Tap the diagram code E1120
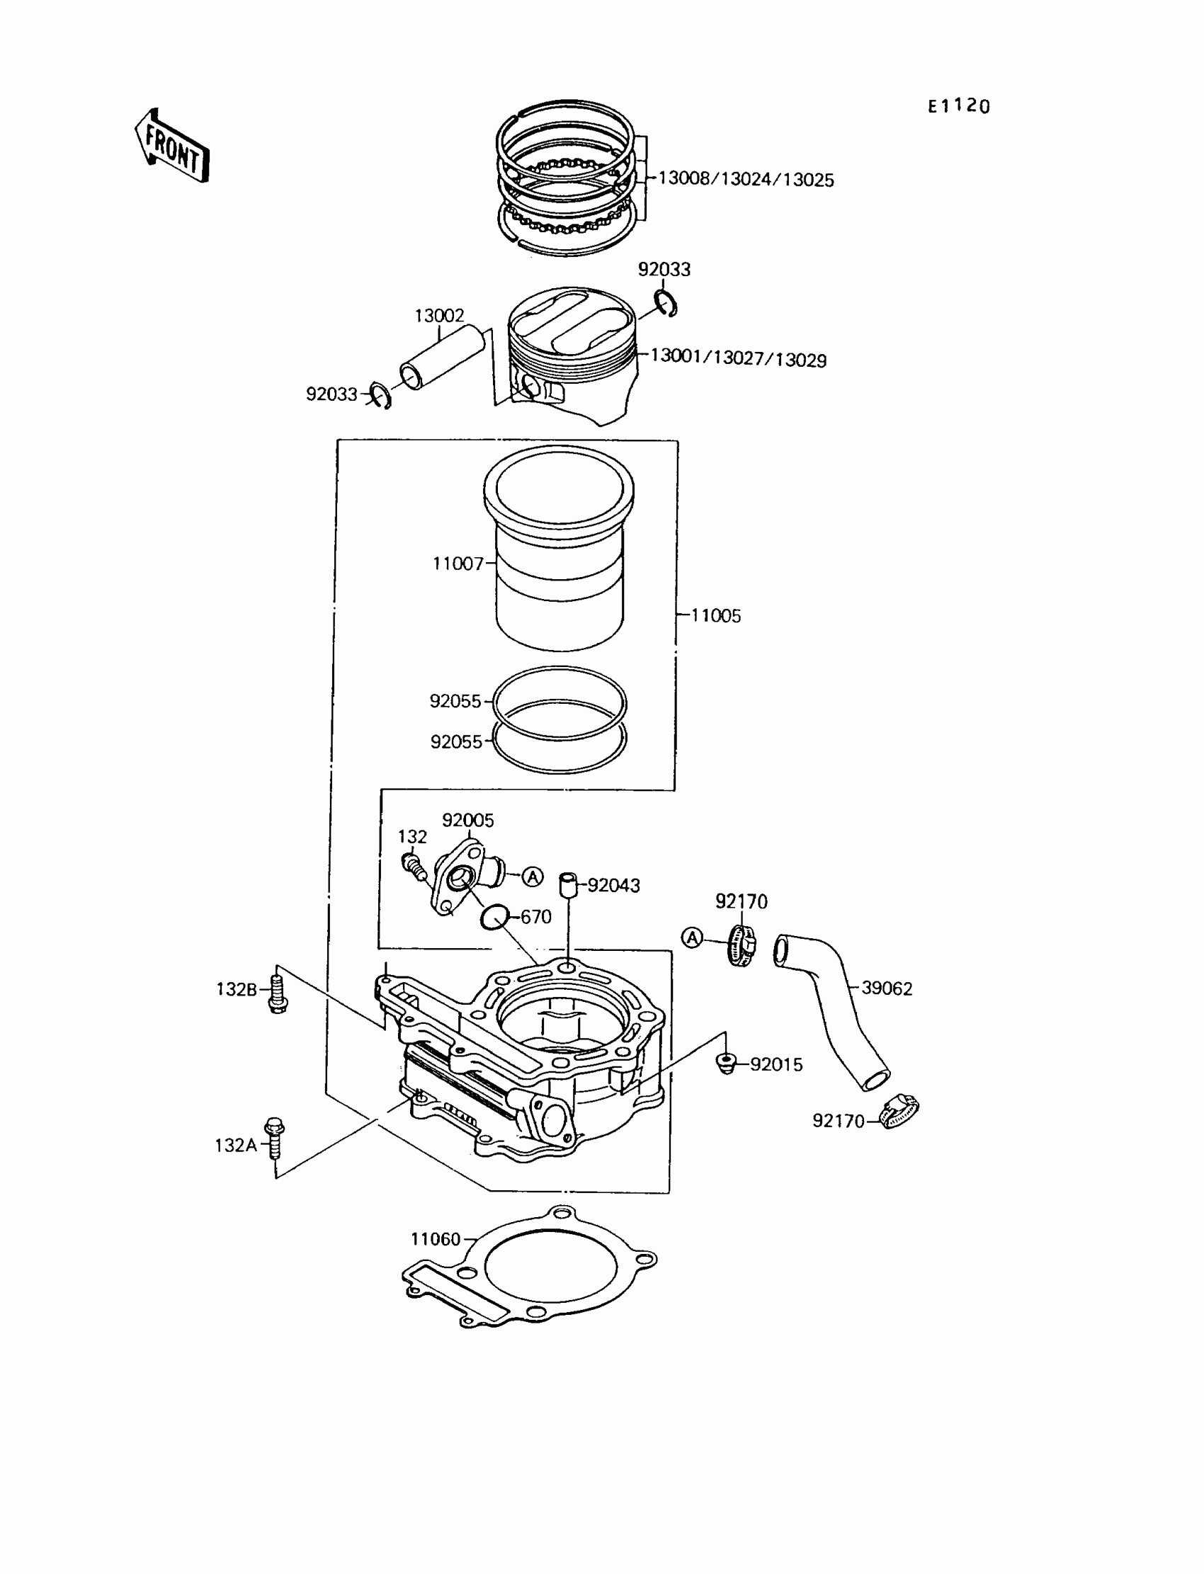coord(958,107)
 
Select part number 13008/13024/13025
coord(745,179)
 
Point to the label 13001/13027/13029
coord(738,358)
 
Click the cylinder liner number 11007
coord(458,564)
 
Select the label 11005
coord(715,615)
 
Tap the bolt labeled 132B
coord(278,991)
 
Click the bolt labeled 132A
coord(274,1139)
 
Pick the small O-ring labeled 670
coord(494,917)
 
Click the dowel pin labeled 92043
coord(568,885)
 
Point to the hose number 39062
coord(887,988)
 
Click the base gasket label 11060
coord(435,1239)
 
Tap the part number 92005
coord(468,821)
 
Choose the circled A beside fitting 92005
coord(533,876)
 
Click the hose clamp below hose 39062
coord(899,1112)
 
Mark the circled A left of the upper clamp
coord(691,937)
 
